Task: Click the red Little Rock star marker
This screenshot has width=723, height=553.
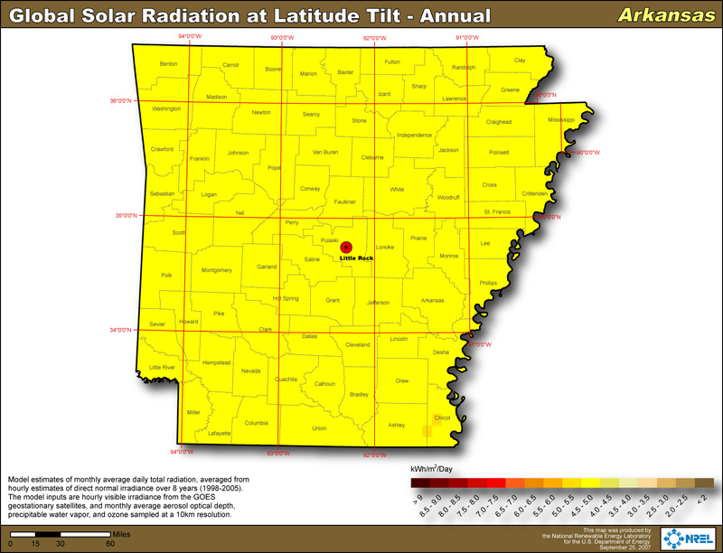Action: (x=346, y=247)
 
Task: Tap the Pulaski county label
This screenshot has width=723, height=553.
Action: (x=330, y=240)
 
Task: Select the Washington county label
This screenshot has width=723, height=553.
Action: (x=166, y=108)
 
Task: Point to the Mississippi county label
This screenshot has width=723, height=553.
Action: (x=560, y=119)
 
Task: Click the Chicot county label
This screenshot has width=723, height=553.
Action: (x=442, y=418)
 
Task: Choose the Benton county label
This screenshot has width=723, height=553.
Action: (x=168, y=64)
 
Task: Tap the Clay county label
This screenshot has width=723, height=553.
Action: (x=520, y=61)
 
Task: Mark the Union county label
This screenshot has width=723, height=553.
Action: (x=319, y=428)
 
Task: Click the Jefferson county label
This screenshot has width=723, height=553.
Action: (x=378, y=302)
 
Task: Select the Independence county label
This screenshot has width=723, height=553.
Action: (x=415, y=136)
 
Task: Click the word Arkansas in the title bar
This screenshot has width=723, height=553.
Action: (x=652, y=15)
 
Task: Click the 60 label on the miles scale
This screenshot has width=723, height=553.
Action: (x=110, y=544)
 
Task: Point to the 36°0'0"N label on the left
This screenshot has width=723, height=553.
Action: (x=122, y=100)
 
